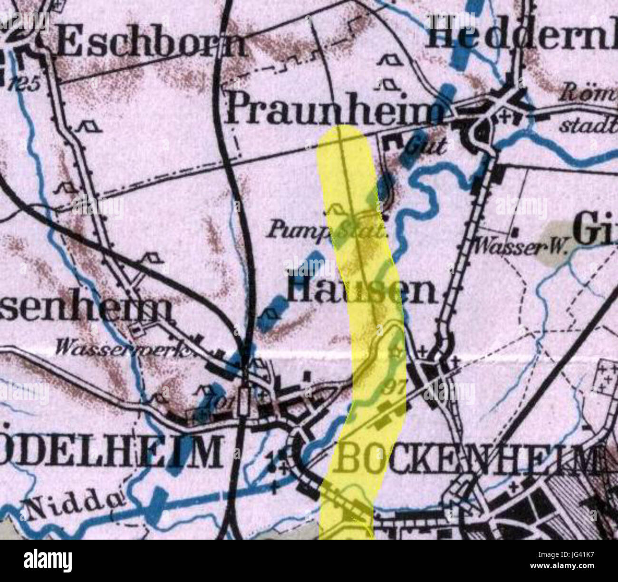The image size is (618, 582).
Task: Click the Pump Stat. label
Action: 326,232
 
